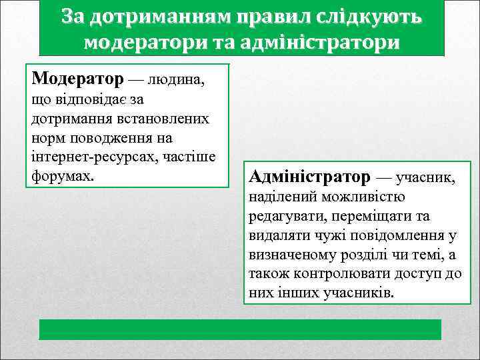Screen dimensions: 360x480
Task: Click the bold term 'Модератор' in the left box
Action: click(x=77, y=79)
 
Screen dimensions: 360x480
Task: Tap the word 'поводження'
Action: click(x=109, y=138)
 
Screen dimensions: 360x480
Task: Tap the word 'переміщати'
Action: click(x=368, y=217)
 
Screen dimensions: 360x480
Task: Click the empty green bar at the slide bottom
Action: click(x=240, y=330)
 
